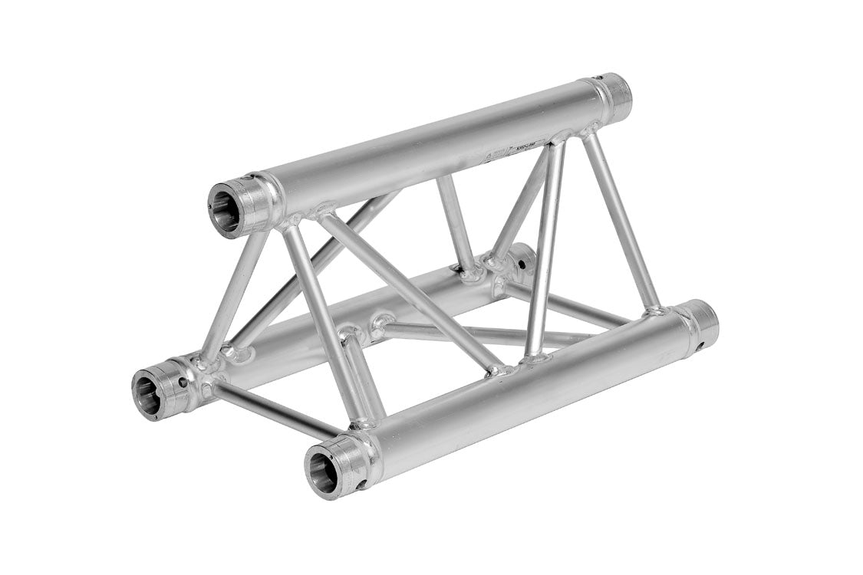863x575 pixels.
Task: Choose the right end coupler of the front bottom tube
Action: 698,322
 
